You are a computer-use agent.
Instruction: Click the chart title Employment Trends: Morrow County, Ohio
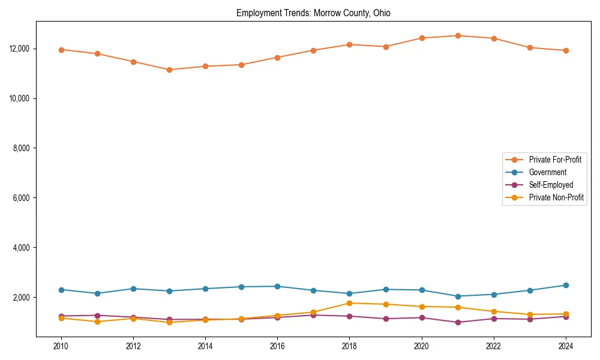click(x=313, y=13)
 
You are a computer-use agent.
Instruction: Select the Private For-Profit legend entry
click(x=555, y=160)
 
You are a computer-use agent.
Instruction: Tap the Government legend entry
click(x=547, y=172)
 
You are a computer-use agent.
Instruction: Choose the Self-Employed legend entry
click(x=551, y=185)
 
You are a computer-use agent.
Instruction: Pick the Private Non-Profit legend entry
click(x=556, y=197)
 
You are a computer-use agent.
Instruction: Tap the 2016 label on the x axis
click(x=277, y=346)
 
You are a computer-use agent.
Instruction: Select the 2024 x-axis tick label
click(x=566, y=346)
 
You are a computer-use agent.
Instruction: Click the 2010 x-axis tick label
click(x=61, y=346)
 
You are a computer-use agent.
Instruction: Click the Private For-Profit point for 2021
click(x=458, y=35)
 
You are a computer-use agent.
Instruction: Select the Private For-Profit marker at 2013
click(x=169, y=70)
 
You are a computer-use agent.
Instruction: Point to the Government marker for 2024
click(x=566, y=285)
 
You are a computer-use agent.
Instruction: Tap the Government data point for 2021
click(x=458, y=296)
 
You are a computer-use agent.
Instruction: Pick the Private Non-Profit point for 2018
click(x=349, y=303)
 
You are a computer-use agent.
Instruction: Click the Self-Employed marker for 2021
click(x=458, y=322)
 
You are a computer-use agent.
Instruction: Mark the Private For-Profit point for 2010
click(x=61, y=50)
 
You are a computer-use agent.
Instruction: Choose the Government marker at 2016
click(x=277, y=286)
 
